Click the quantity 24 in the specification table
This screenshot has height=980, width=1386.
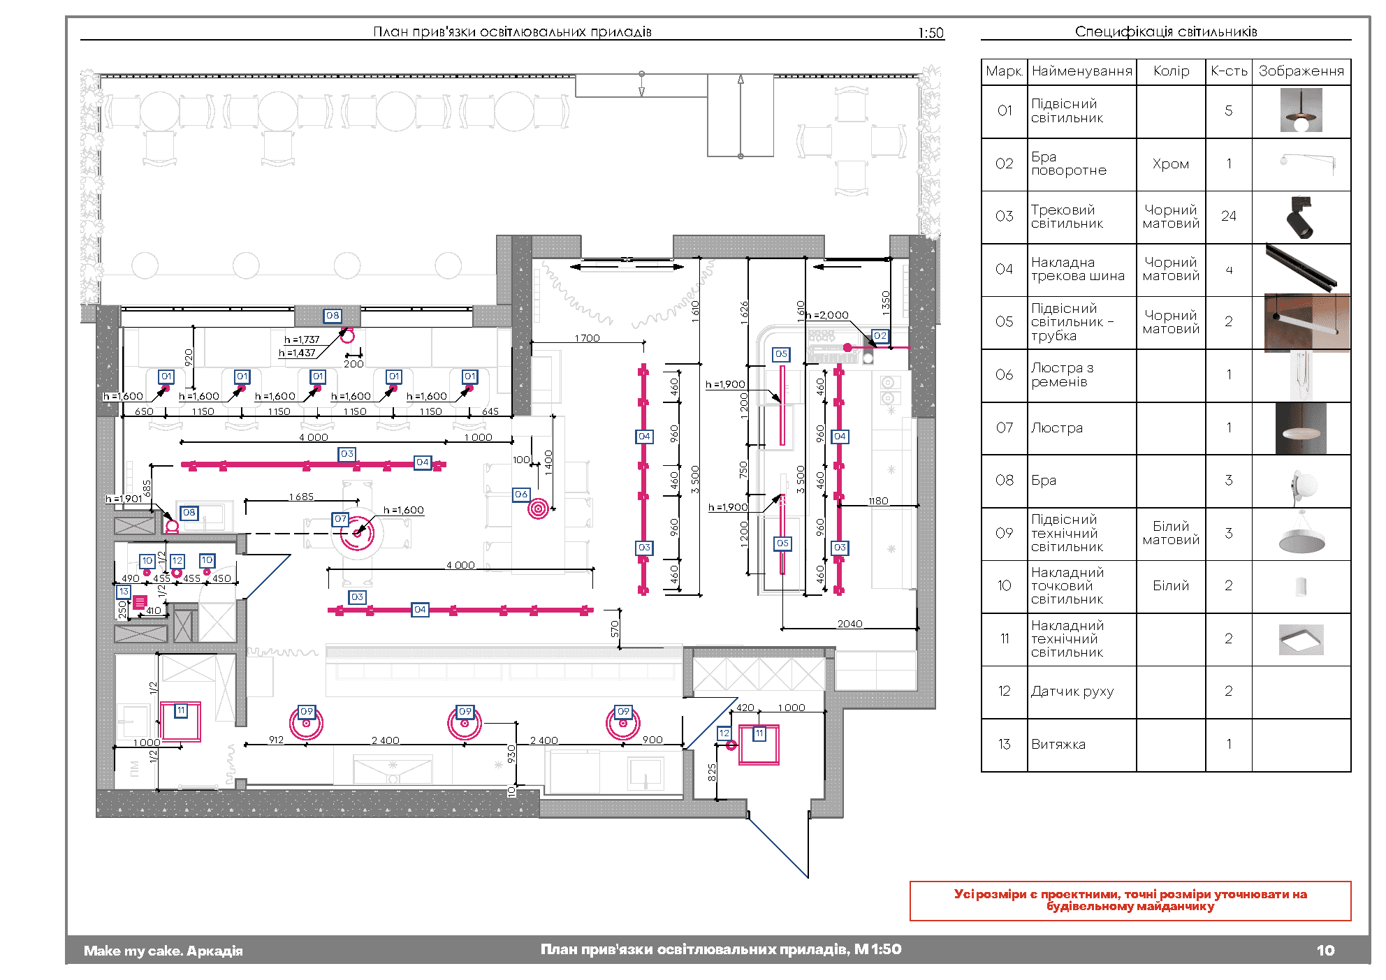click(1228, 217)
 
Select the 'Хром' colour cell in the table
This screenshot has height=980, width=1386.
click(1171, 164)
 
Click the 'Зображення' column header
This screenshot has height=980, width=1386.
click(1301, 71)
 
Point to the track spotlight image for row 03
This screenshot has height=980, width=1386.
click(1300, 217)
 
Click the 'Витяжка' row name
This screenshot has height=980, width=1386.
click(1058, 745)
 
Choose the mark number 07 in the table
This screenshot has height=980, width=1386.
click(1004, 427)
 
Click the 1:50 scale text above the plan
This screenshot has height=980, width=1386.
click(931, 33)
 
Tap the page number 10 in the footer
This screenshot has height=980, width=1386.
click(1325, 950)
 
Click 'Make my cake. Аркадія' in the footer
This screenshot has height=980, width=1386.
click(163, 951)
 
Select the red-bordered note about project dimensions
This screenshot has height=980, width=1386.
click(1130, 900)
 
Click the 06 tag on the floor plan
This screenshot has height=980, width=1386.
click(521, 495)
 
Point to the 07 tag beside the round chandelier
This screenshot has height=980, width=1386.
click(340, 519)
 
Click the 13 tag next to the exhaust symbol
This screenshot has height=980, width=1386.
click(124, 592)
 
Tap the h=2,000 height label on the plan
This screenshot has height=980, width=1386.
click(827, 316)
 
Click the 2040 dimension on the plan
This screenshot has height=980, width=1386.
click(849, 624)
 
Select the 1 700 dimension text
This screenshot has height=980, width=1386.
click(587, 338)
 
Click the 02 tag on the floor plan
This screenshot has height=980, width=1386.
click(880, 336)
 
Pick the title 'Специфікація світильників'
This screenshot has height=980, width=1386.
click(1165, 31)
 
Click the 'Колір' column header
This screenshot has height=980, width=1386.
click(1171, 71)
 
